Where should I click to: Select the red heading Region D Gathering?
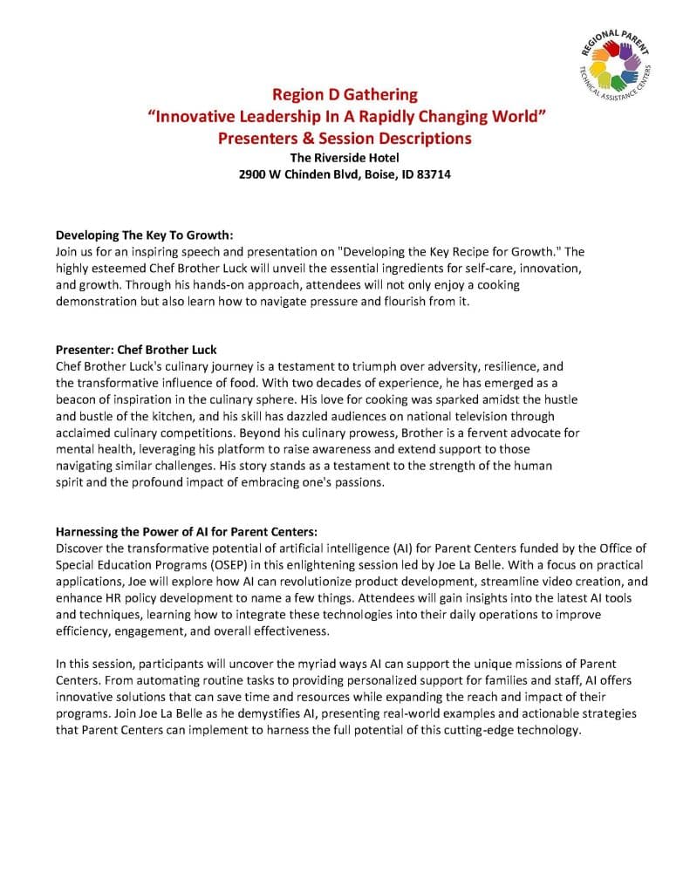(345, 94)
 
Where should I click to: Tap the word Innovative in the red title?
(193, 117)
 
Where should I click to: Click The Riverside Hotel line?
(345, 158)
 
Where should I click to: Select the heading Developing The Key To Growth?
(145, 235)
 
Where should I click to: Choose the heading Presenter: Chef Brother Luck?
(136, 350)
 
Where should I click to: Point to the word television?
(462, 416)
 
